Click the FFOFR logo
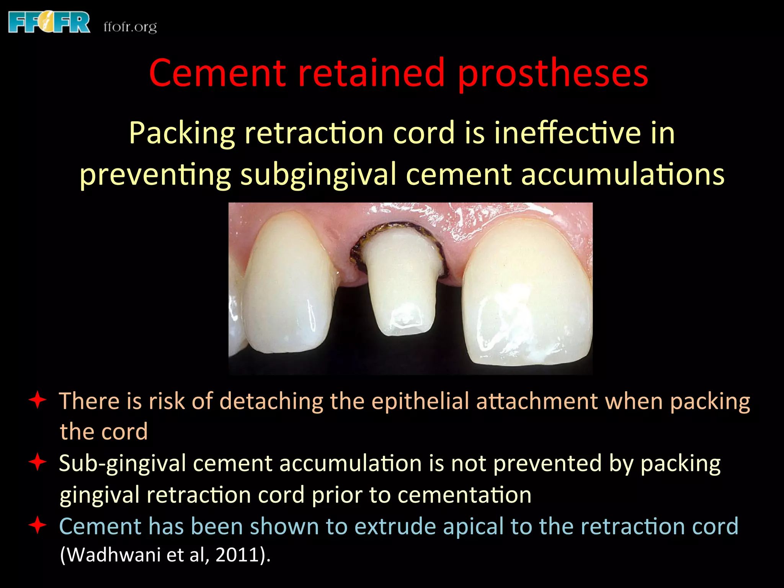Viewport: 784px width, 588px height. click(49, 23)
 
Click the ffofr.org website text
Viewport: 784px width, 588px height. click(130, 27)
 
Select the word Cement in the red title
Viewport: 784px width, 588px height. click(217, 73)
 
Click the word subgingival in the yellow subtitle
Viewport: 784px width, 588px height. click(318, 175)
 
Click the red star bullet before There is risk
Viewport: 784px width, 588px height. click(38, 400)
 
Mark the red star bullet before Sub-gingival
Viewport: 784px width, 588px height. click(38, 462)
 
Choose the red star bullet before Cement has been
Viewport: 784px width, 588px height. click(38, 525)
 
